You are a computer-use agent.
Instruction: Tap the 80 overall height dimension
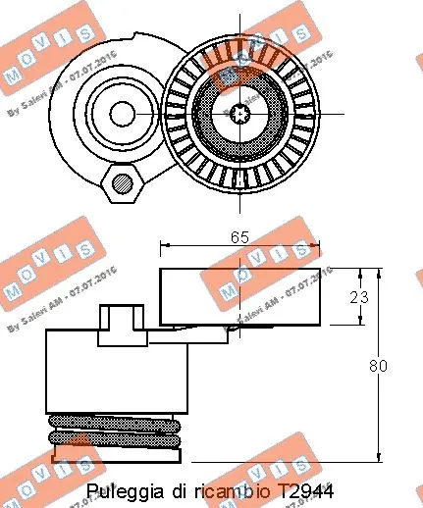[379, 366]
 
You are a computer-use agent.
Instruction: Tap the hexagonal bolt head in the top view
[123, 181]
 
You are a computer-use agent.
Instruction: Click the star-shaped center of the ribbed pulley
[240, 114]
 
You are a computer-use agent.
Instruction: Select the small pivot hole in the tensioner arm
[122, 114]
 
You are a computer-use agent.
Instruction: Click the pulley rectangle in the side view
[239, 295]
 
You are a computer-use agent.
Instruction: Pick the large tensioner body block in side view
[118, 370]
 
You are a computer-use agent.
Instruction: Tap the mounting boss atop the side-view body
[121, 321]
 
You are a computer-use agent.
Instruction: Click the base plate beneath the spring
[118, 453]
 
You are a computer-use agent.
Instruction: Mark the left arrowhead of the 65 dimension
[164, 248]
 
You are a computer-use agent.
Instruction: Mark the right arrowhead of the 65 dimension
[316, 248]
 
